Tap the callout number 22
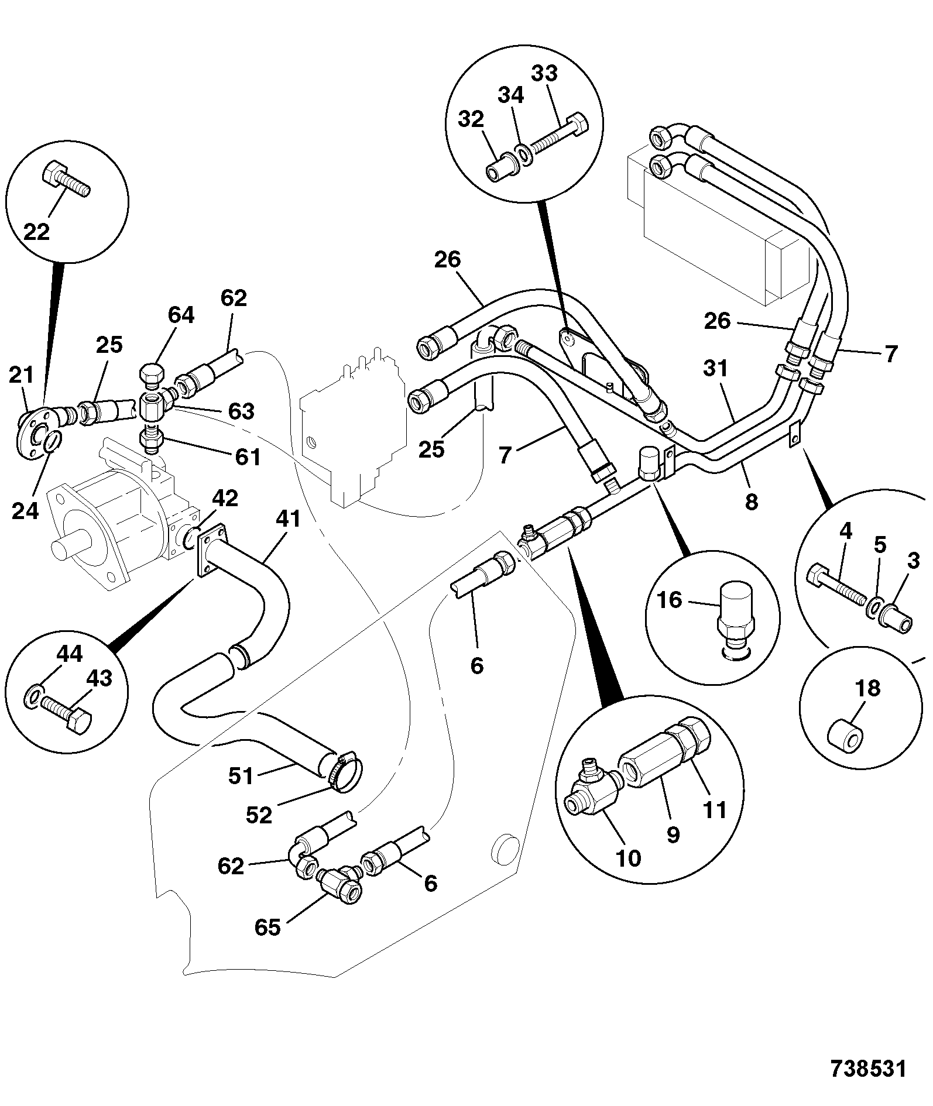point(37,232)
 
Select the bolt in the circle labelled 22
point(66,178)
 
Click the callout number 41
point(287,518)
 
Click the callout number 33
point(544,74)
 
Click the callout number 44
point(68,654)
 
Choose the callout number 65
point(267,927)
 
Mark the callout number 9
point(674,835)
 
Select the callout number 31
point(715,369)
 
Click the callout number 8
point(752,501)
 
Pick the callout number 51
point(241,776)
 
